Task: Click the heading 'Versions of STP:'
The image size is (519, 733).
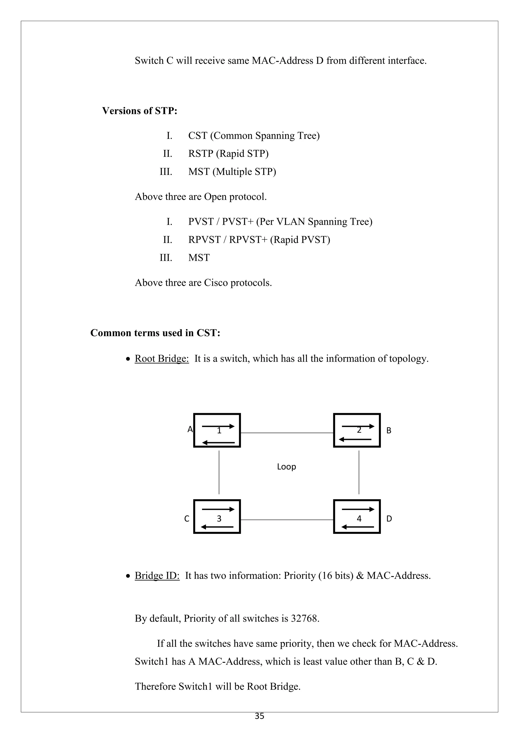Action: pyautogui.click(x=140, y=111)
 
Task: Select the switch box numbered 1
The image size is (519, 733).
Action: pyautogui.click(x=217, y=430)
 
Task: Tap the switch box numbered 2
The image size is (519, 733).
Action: pyautogui.click(x=357, y=430)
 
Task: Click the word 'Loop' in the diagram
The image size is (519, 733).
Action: pyautogui.click(x=286, y=467)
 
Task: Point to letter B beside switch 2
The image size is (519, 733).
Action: pyautogui.click(x=389, y=431)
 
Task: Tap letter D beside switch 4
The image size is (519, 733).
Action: pyautogui.click(x=389, y=519)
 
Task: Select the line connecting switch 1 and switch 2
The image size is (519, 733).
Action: pyautogui.click(x=287, y=433)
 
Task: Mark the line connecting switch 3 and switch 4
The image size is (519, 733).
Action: pyautogui.click(x=287, y=520)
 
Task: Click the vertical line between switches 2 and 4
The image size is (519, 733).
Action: pyautogui.click(x=359, y=473)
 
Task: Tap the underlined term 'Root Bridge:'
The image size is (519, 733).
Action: pyautogui.click(x=162, y=359)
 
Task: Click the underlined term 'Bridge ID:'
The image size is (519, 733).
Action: pyautogui.click(x=157, y=576)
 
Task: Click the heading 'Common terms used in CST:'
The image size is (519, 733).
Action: pyautogui.click(x=155, y=333)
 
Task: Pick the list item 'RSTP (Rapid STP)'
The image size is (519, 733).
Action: pyautogui.click(x=228, y=154)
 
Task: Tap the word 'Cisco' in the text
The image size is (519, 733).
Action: pyautogui.click(x=216, y=282)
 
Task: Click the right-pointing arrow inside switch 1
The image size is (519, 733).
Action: pyautogui.click(x=218, y=426)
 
